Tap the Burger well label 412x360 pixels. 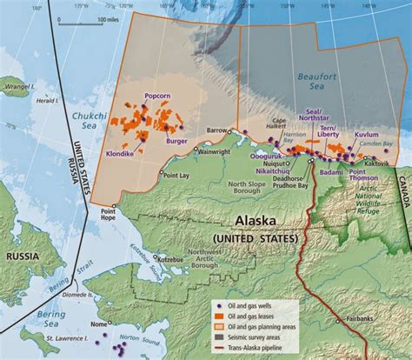click(x=176, y=139)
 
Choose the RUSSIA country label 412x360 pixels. click(x=27, y=257)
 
